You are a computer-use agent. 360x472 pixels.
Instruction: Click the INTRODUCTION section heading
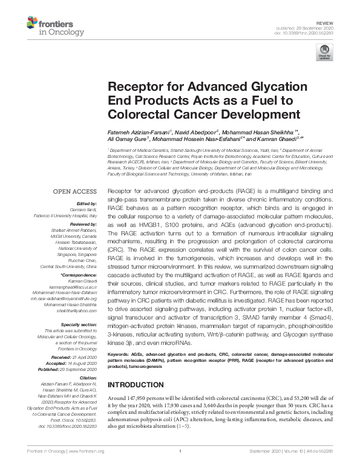138,384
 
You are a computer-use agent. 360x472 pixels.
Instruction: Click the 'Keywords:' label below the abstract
120,352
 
